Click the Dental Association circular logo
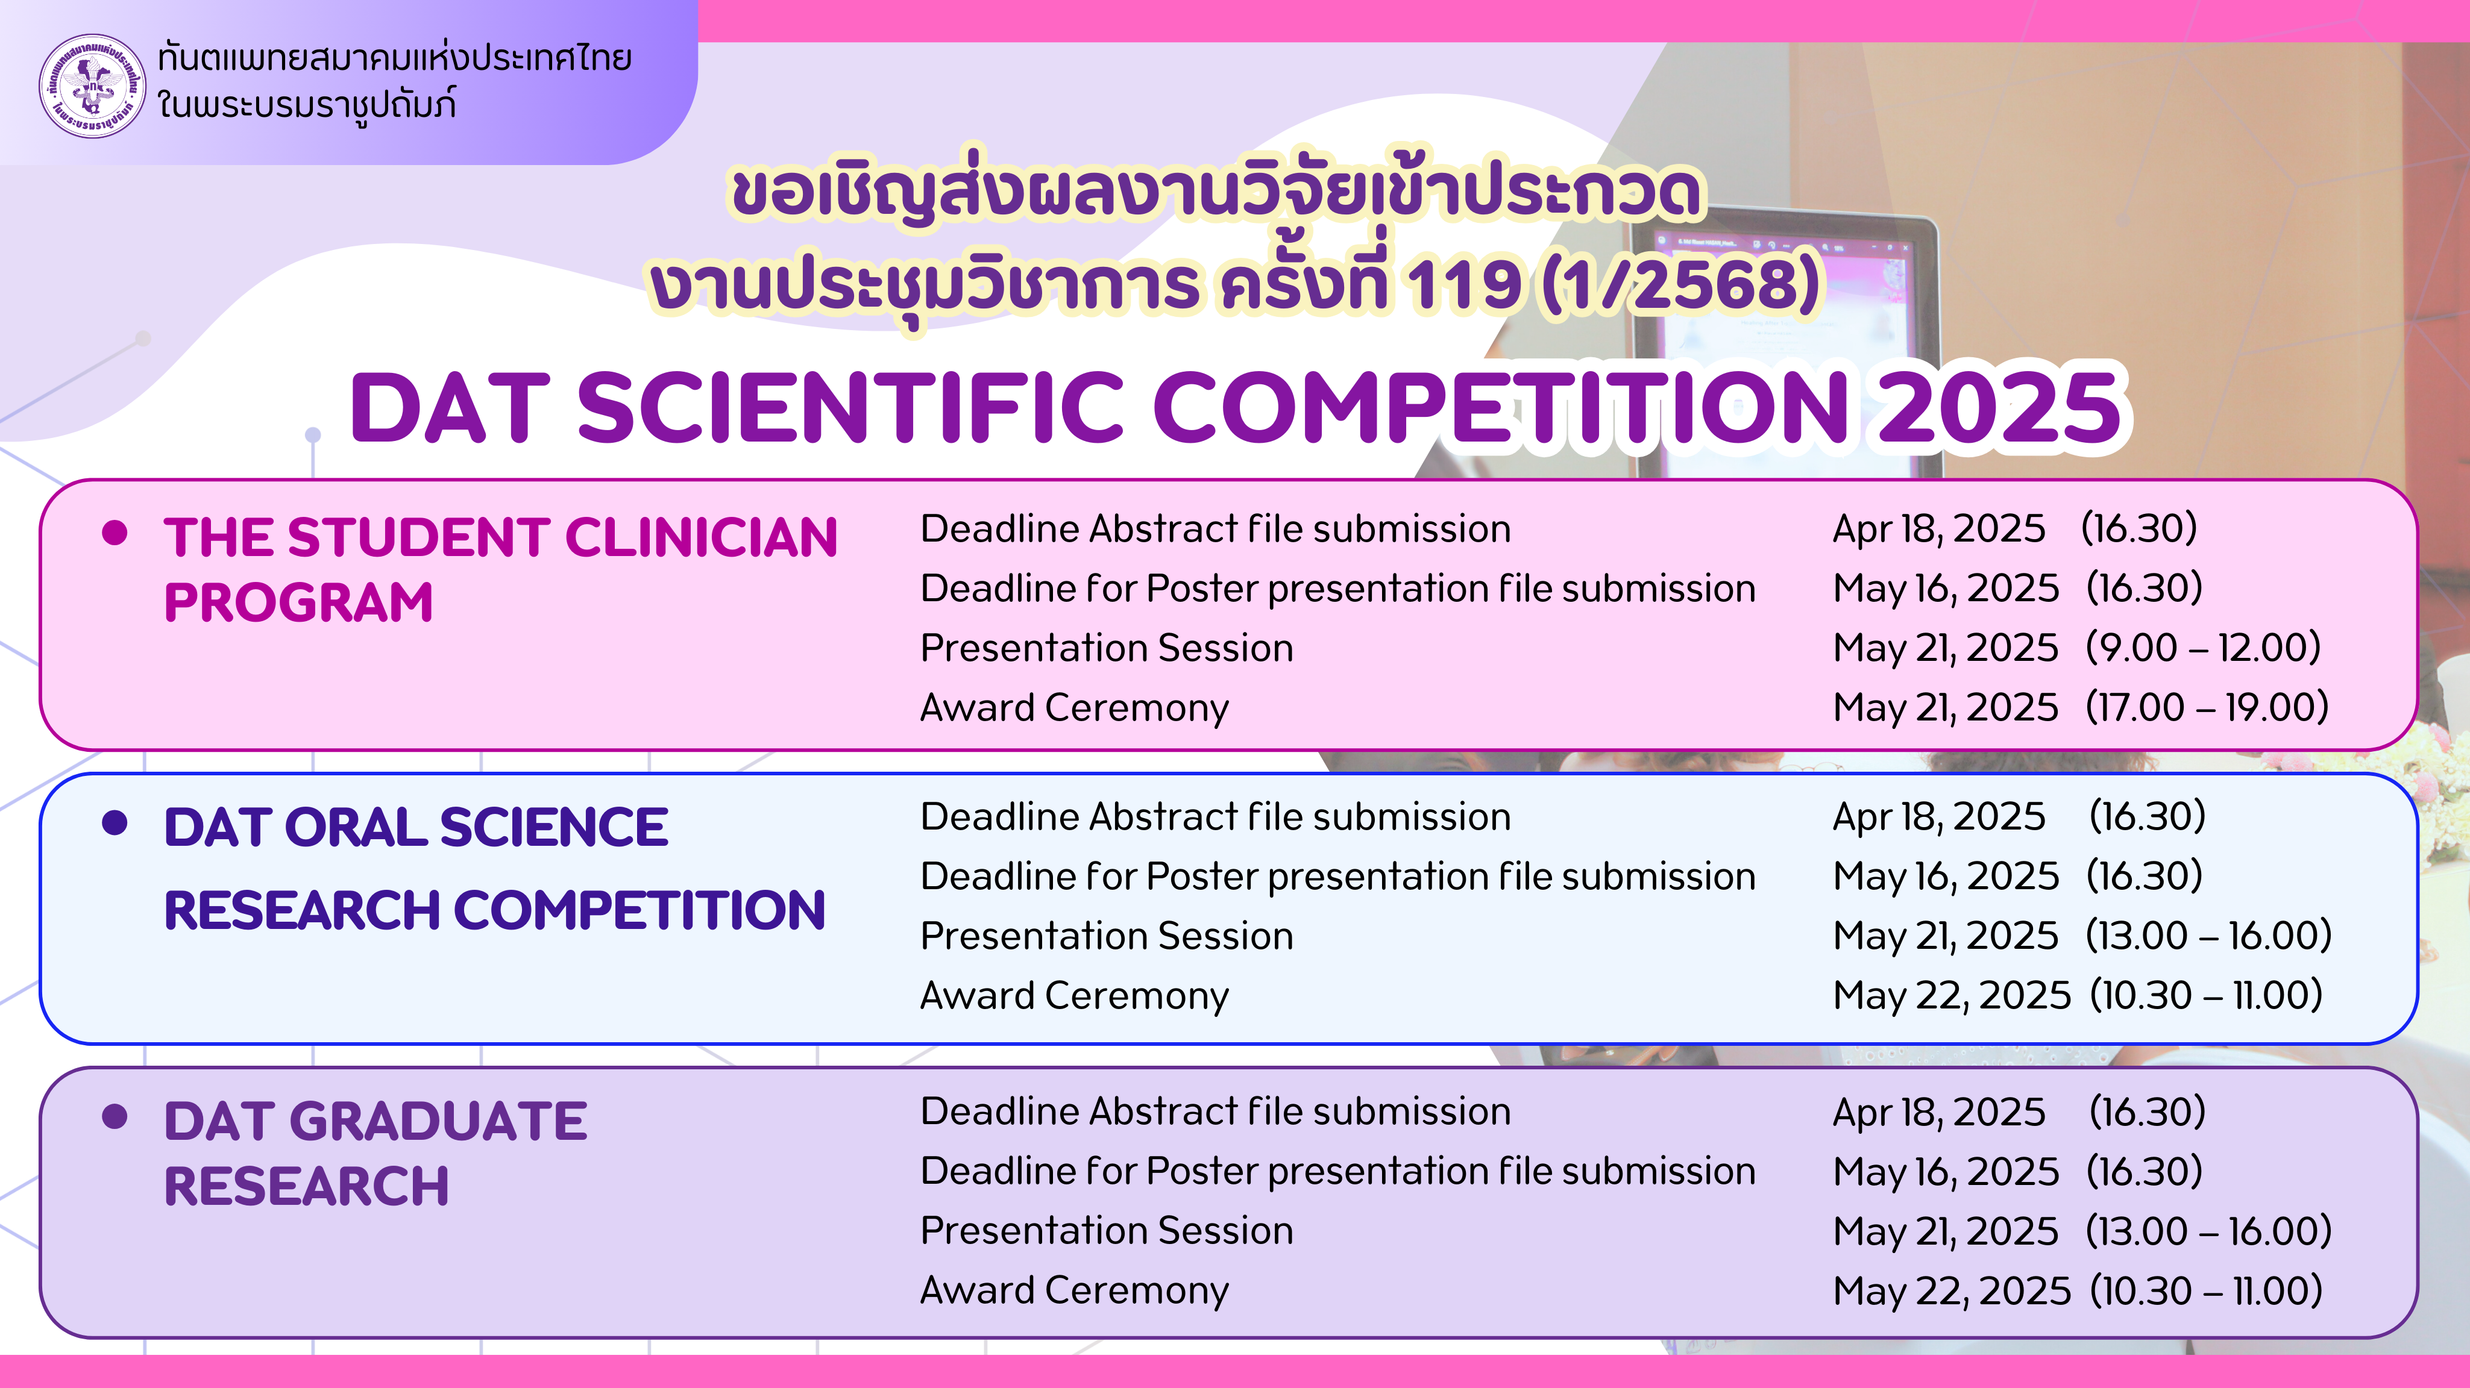coord(93,86)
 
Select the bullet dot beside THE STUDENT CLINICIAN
coord(115,533)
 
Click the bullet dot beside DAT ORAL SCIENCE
coord(115,822)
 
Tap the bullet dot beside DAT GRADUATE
coord(115,1116)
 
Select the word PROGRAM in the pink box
coord(298,602)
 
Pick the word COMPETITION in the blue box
coord(638,910)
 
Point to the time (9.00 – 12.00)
coord(2202,648)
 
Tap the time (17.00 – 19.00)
coord(2207,707)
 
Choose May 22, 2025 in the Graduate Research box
coord(1952,1291)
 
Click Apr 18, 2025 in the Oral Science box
coord(1939,817)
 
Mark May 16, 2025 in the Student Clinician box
coord(1946,589)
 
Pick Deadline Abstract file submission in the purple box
coord(1215,1112)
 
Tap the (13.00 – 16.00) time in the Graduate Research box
coord(2208,1232)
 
